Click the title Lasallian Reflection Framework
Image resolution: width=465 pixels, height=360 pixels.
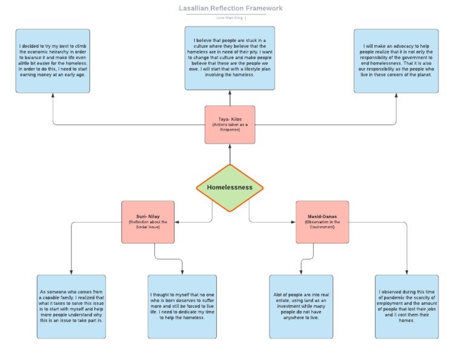pyautogui.click(x=230, y=8)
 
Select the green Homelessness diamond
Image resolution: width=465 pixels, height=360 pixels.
pyautogui.click(x=230, y=188)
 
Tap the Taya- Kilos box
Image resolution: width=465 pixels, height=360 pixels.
pyautogui.click(x=230, y=125)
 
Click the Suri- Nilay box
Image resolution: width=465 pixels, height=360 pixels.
pyautogui.click(x=148, y=222)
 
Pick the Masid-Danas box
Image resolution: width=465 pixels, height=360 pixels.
pyautogui.click(x=322, y=222)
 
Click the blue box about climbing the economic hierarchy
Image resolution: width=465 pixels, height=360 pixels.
pyautogui.click(x=53, y=61)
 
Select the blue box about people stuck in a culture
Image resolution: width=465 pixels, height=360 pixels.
pyautogui.click(x=230, y=58)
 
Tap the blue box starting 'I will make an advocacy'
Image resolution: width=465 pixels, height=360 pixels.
pyautogui.click(x=396, y=61)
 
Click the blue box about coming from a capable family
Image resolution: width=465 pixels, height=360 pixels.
pyautogui.click(x=71, y=307)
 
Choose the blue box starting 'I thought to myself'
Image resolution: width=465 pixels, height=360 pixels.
pyautogui.click(x=182, y=307)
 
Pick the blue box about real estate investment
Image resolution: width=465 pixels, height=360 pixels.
pyautogui.click(x=301, y=307)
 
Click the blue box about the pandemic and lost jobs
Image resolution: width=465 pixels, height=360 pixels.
pyautogui.click(x=407, y=307)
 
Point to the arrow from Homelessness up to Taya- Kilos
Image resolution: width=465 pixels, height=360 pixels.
pyautogui.click(x=230, y=154)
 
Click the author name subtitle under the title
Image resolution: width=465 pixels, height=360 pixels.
pyautogui.click(x=230, y=18)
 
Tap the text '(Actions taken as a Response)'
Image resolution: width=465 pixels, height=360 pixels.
pyautogui.click(x=230, y=127)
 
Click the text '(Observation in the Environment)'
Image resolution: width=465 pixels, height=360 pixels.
pyautogui.click(x=322, y=225)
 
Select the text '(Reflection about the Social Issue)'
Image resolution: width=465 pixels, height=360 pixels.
pyautogui.click(x=148, y=225)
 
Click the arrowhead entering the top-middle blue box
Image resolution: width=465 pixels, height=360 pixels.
pyautogui.click(x=230, y=93)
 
